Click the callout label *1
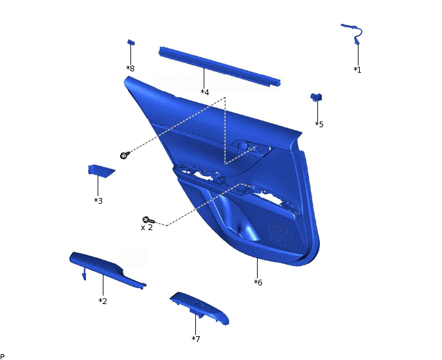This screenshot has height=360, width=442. [357, 69]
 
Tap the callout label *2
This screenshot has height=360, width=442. [103, 301]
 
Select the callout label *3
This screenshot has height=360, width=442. [98, 201]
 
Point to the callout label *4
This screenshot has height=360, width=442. [205, 92]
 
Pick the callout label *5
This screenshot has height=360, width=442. [319, 124]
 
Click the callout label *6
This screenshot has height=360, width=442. [258, 282]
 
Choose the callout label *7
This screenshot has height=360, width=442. [196, 339]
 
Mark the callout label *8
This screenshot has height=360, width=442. [130, 68]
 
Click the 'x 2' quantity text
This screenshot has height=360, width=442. [146, 228]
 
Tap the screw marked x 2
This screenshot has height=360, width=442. [148, 220]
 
